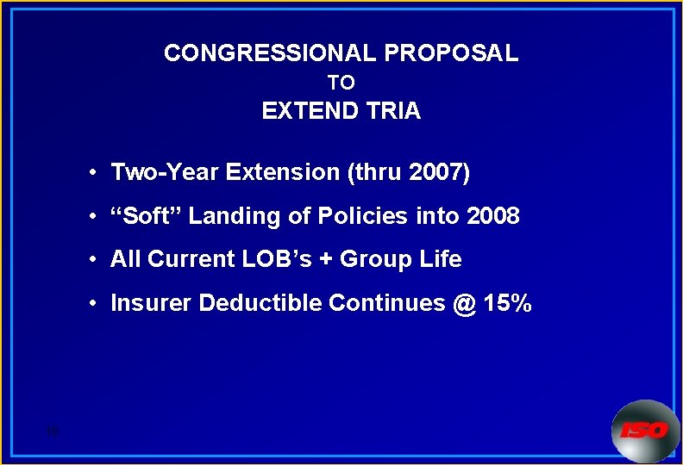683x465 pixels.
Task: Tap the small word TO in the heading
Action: (341, 84)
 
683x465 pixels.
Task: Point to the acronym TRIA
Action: (395, 111)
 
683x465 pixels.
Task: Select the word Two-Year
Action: (165, 172)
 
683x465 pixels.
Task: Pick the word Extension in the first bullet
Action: (283, 172)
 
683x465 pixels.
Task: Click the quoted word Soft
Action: (146, 216)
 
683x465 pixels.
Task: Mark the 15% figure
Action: (509, 303)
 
